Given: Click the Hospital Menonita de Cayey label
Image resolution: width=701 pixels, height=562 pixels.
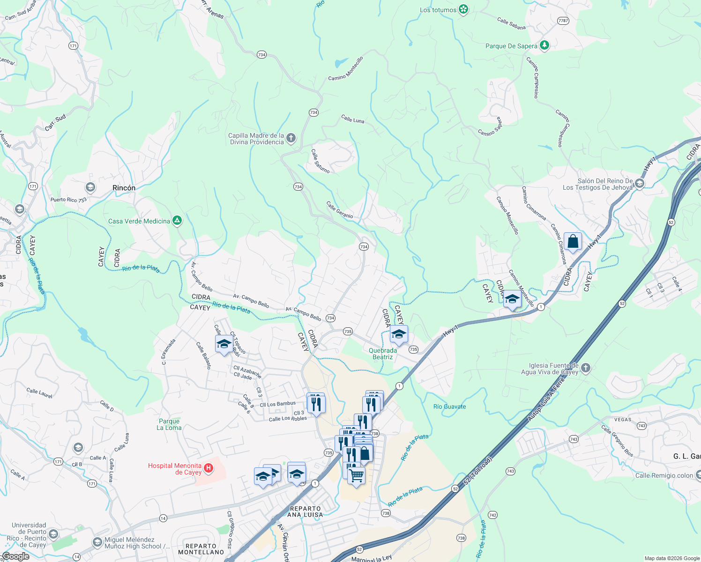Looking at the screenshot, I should tap(175, 469).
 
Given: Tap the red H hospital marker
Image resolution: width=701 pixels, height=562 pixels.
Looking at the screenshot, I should tap(209, 468).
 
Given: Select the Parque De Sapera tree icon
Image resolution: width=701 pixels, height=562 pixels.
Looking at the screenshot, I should tap(544, 45).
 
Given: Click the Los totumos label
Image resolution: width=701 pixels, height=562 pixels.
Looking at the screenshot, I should tap(438, 10).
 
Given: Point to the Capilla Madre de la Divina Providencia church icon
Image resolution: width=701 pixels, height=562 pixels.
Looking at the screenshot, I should tap(291, 138).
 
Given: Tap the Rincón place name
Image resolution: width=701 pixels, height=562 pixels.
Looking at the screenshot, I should tap(124, 188).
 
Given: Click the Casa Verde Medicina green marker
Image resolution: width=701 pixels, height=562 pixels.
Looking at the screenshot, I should tap(177, 221).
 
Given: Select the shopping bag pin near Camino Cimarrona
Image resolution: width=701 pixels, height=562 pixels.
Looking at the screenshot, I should tap(573, 242).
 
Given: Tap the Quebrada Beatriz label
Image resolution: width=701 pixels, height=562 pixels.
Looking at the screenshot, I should tap(383, 354).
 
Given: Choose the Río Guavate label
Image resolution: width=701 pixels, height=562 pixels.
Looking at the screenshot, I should tap(449, 407).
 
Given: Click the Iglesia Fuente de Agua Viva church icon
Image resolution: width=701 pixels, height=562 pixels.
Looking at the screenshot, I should tap(585, 368).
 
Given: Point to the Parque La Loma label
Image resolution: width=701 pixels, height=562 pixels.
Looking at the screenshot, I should tap(169, 424).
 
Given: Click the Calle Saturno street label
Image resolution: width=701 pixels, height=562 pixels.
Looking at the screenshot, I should tap(321, 161).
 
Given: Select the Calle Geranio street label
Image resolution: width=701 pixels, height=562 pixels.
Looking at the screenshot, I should tap(339, 209).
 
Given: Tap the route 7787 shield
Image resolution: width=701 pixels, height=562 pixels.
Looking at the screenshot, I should tap(563, 21).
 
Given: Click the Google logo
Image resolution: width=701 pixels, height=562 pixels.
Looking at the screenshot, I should tap(15, 556).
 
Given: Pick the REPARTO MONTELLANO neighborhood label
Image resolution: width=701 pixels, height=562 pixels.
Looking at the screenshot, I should tap(201, 549).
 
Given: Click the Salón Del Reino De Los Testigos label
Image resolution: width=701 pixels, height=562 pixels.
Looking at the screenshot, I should tap(597, 184).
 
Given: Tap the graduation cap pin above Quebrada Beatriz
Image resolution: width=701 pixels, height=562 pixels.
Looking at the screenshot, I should tap(399, 334).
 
